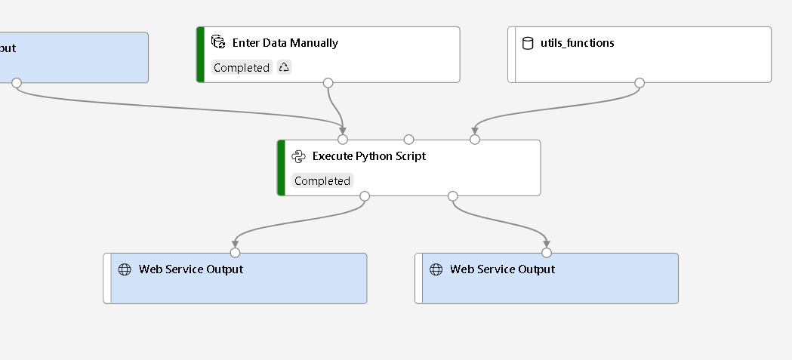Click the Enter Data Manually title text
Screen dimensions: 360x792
click(285, 43)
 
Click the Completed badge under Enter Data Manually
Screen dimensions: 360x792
click(242, 68)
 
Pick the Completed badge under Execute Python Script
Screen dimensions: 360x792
click(322, 181)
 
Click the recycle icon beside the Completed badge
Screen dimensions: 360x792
click(284, 68)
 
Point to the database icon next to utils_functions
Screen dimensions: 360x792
click(528, 43)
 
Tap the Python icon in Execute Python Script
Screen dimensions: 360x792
click(298, 156)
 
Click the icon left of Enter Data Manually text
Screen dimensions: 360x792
click(218, 42)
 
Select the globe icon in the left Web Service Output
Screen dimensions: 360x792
click(125, 269)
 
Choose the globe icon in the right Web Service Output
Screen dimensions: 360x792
click(436, 269)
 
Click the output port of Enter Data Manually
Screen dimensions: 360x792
click(328, 82)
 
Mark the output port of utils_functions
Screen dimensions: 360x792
click(639, 82)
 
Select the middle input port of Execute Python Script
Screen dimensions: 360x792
click(408, 140)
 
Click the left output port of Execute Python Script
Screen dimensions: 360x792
click(365, 196)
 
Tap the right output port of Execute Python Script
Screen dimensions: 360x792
click(453, 196)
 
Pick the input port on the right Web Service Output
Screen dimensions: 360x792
click(547, 253)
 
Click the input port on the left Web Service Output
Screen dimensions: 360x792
click(235, 253)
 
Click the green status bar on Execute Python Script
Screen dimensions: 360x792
click(281, 168)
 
